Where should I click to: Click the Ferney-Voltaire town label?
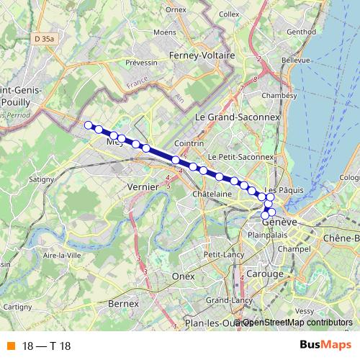pyautogui.click(x=197, y=55)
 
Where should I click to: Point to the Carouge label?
pyautogui.click(x=250, y=273)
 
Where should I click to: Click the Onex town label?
pyautogui.click(x=184, y=276)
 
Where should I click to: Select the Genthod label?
pyautogui.click(x=301, y=32)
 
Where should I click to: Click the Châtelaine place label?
pyautogui.click(x=212, y=194)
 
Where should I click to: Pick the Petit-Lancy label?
pyautogui.click(x=221, y=254)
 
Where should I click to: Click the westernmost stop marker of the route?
pyautogui.click(x=89, y=126)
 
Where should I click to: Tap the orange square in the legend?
pyautogui.click(x=9, y=346)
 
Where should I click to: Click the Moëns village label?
pyautogui.click(x=165, y=32)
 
